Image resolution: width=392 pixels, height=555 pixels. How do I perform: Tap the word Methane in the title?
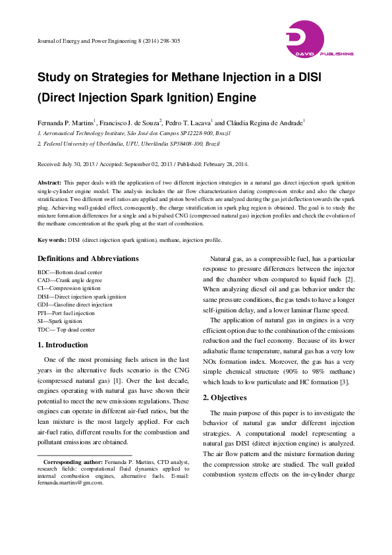(201, 76)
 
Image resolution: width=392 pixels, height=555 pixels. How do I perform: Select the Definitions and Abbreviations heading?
(88, 259)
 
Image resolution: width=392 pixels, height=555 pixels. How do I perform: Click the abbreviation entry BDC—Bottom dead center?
(72, 272)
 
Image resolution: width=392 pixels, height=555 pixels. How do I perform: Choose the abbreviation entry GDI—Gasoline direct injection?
(75, 305)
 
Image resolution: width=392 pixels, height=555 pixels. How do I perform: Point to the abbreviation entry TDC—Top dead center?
(67, 330)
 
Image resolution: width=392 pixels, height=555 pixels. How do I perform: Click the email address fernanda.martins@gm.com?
(70, 482)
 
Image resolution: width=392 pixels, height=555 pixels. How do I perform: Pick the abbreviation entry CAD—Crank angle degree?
(70, 280)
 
